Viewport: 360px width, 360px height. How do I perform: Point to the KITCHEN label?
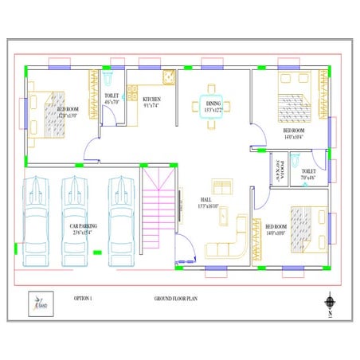pos(151,101)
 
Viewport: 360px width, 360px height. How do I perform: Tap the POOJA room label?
pos(279,172)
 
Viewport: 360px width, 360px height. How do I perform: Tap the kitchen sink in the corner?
pos(169,77)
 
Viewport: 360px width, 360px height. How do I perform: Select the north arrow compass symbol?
pos(329,303)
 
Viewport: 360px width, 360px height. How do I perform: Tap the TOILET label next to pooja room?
pos(308,172)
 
